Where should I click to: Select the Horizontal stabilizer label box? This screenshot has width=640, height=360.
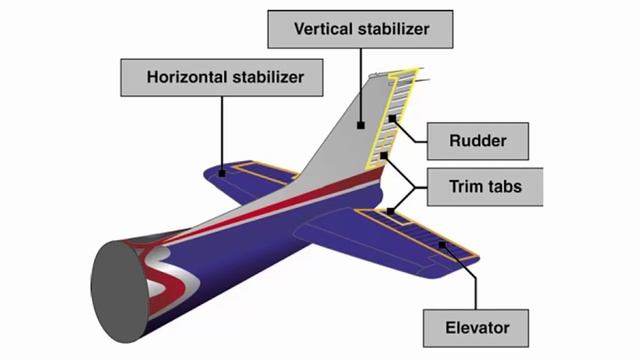coord(224,76)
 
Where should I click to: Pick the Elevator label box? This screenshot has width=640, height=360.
coord(478,326)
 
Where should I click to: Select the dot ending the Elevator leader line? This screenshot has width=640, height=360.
coord(441,244)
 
